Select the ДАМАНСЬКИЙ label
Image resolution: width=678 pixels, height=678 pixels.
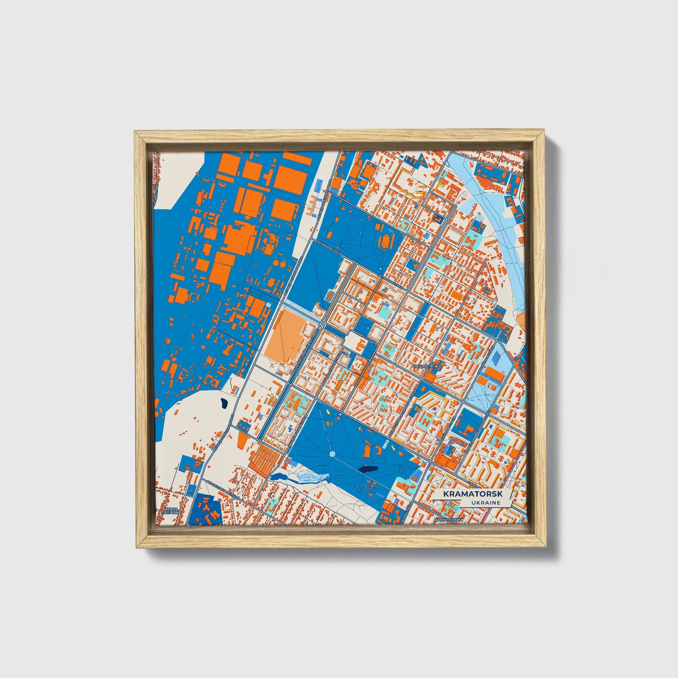[449, 520]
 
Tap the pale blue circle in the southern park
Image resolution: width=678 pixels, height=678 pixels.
[332, 454]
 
